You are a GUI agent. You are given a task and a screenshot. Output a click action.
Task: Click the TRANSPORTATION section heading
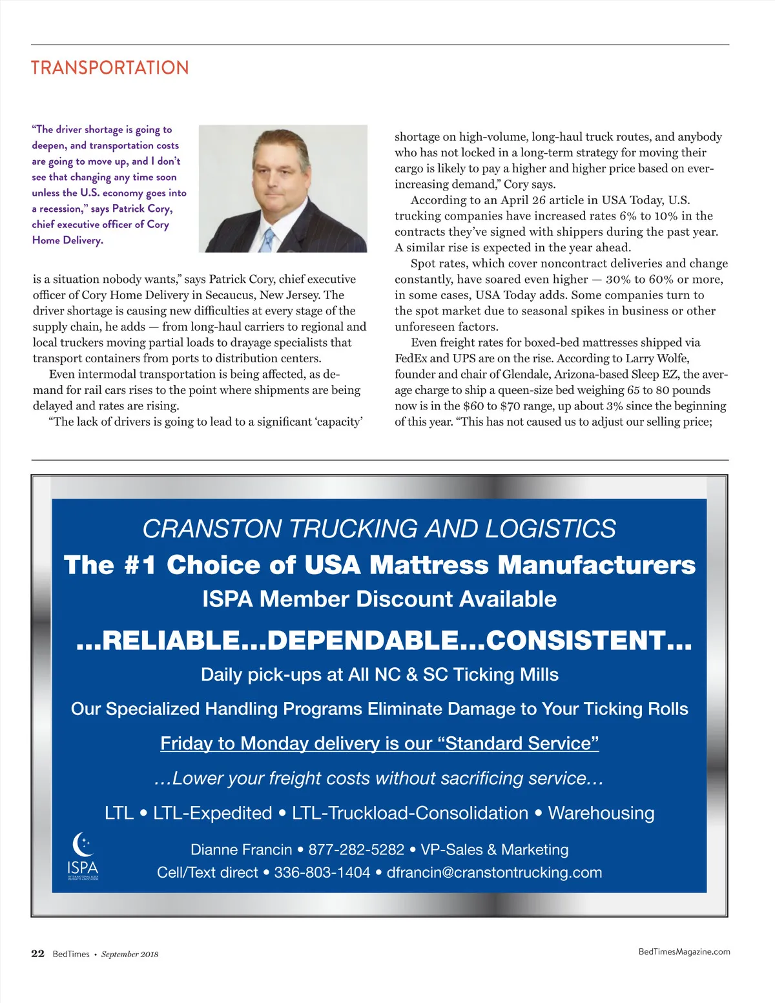coord(110,68)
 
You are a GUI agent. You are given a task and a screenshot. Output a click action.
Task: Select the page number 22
coord(38,954)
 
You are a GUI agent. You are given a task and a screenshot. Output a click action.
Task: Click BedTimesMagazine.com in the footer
coord(684,951)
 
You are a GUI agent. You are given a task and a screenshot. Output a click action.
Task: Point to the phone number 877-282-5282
coord(356,849)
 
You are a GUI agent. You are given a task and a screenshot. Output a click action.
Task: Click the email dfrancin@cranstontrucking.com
coord(494,873)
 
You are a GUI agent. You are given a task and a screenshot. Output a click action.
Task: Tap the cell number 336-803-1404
coord(322,873)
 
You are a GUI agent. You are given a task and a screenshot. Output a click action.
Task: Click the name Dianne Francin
coord(241,849)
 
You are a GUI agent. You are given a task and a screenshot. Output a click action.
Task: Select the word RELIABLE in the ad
coord(170,641)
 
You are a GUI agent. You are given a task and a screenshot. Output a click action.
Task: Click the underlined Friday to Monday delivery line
coord(380,743)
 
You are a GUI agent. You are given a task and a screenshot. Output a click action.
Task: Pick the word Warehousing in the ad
coord(601,813)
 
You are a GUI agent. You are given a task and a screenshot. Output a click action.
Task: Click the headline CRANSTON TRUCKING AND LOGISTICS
coord(379,529)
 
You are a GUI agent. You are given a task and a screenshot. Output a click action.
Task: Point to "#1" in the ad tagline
coord(139,565)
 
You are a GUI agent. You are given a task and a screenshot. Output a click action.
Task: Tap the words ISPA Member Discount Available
coord(379,599)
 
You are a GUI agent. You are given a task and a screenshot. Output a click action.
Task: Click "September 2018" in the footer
coord(130,955)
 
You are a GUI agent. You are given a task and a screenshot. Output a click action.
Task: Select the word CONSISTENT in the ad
coord(575,641)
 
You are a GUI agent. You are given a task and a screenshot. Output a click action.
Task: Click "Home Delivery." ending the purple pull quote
coord(68,240)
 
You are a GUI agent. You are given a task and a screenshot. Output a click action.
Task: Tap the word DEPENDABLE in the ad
coord(363,641)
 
